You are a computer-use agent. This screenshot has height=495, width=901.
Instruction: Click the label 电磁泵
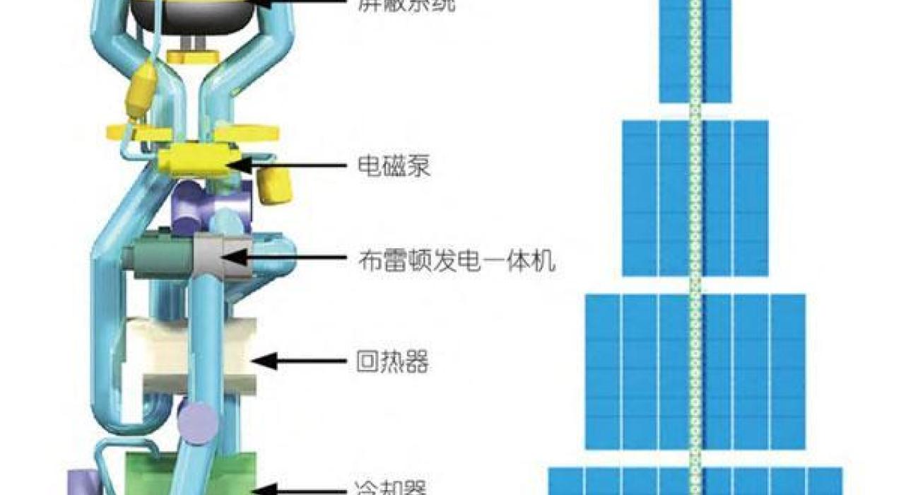pyautogui.click(x=394, y=167)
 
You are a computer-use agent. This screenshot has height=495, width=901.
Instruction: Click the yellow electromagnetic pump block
pyautogui.click(x=194, y=160)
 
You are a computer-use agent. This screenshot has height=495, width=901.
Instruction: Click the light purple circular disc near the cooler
pyautogui.click(x=197, y=423)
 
